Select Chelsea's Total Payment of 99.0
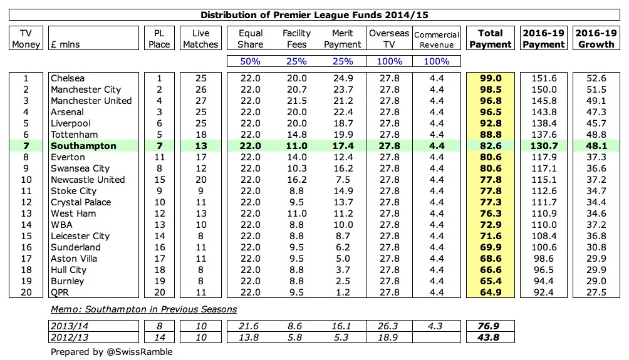point(491,78)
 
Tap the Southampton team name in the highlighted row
point(83,146)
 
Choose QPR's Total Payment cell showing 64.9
point(491,292)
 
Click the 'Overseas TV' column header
point(389,39)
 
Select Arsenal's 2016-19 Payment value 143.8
point(543,112)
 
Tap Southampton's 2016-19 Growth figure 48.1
point(592,146)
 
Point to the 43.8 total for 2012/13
point(491,336)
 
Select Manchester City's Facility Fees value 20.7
point(296,90)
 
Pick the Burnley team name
point(67,281)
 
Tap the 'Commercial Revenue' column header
point(437,39)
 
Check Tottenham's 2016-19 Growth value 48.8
point(592,135)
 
